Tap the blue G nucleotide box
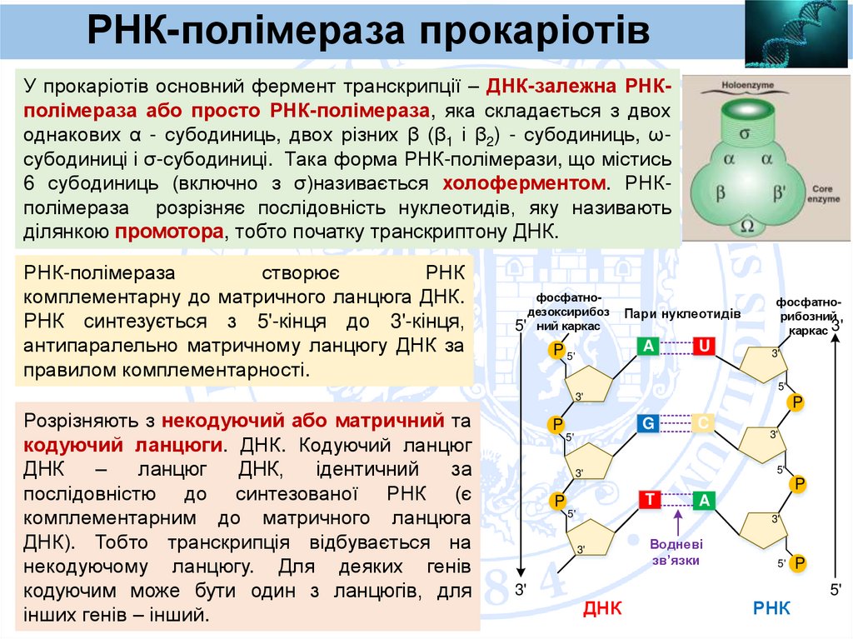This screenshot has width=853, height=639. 648,424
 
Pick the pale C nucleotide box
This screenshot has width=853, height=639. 704,424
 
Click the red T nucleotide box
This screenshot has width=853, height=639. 648,500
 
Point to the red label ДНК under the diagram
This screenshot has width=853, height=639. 602,608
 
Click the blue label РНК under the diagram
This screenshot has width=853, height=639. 771,608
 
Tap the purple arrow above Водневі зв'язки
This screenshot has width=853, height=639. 677,522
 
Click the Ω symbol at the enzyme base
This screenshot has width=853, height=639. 747,225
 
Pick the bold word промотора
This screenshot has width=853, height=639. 170,231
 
